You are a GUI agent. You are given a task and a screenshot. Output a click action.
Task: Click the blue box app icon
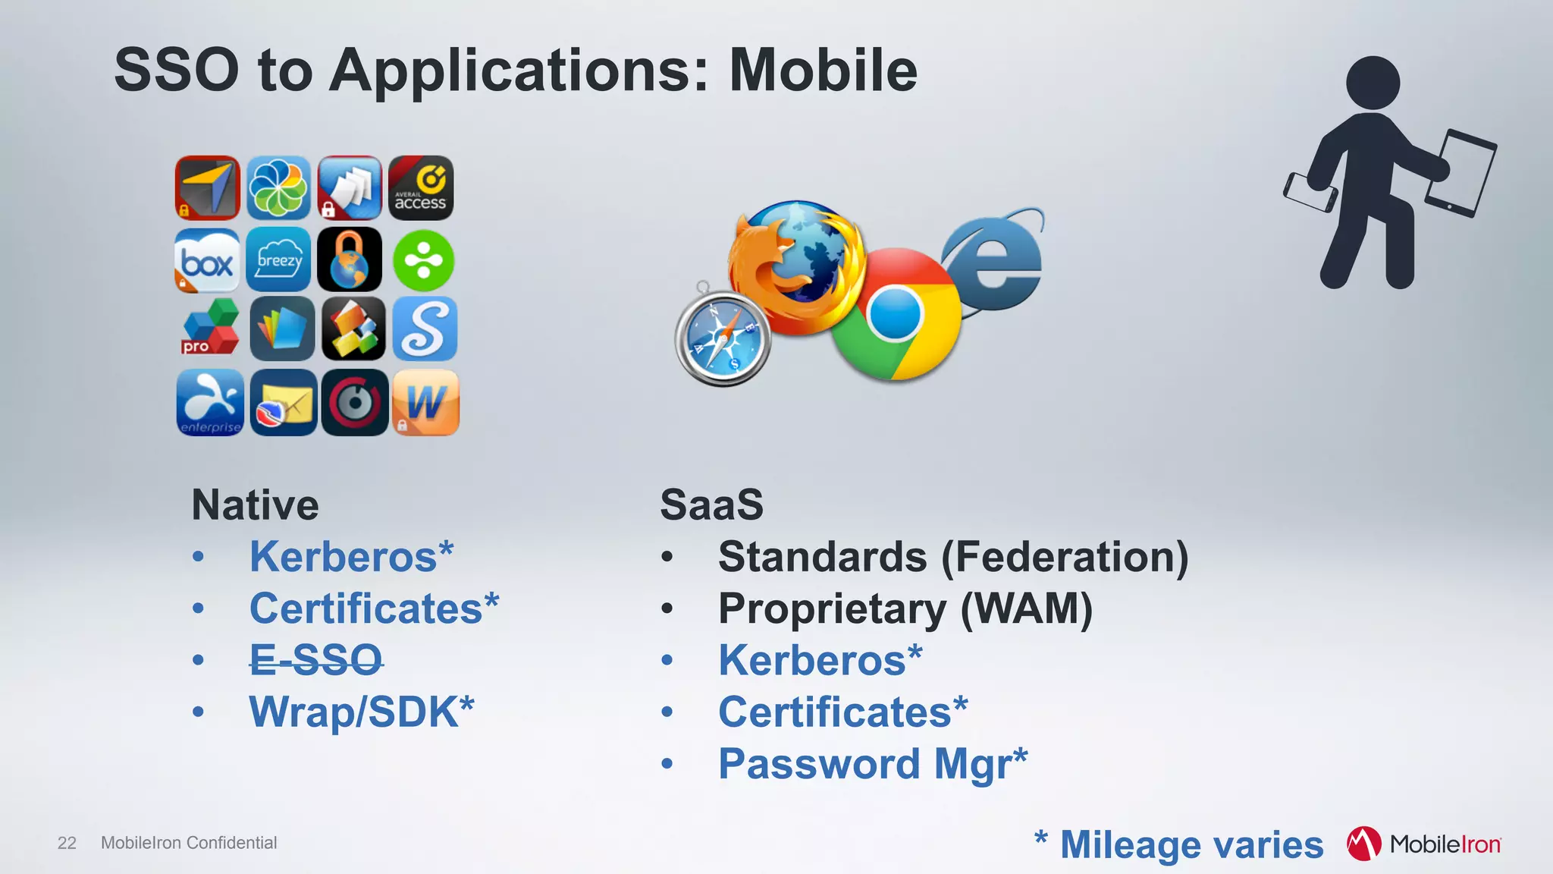pyautogui.click(x=207, y=260)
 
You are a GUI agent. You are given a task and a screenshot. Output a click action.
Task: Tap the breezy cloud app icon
pyautogui.click(x=279, y=260)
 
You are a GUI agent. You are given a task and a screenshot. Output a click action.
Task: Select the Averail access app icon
pyautogui.click(x=421, y=188)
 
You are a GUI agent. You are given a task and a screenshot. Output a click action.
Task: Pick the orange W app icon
pyautogui.click(x=425, y=402)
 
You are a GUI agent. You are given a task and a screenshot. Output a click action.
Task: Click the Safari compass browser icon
pyautogui.click(x=722, y=339)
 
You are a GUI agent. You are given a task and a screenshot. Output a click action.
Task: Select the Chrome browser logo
pyautogui.click(x=896, y=314)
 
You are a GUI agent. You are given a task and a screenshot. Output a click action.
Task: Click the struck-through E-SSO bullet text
pyautogui.click(x=316, y=660)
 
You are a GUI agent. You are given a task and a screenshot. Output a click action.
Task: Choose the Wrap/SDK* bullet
pyautogui.click(x=362, y=712)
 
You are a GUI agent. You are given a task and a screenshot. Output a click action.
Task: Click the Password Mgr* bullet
pyautogui.click(x=872, y=763)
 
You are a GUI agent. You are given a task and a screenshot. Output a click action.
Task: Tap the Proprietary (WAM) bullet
pyautogui.click(x=905, y=608)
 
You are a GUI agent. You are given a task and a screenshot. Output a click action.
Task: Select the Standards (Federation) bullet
pyautogui.click(x=953, y=557)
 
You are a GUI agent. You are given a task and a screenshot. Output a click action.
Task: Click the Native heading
pyautogui.click(x=256, y=505)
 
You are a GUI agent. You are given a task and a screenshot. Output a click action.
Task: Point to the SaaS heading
pyautogui.click(x=711, y=505)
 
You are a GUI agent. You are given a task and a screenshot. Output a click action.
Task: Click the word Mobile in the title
pyautogui.click(x=823, y=70)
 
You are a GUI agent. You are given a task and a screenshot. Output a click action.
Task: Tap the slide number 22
pyautogui.click(x=67, y=843)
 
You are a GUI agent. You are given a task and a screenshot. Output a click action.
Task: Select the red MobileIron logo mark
pyautogui.click(x=1363, y=844)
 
